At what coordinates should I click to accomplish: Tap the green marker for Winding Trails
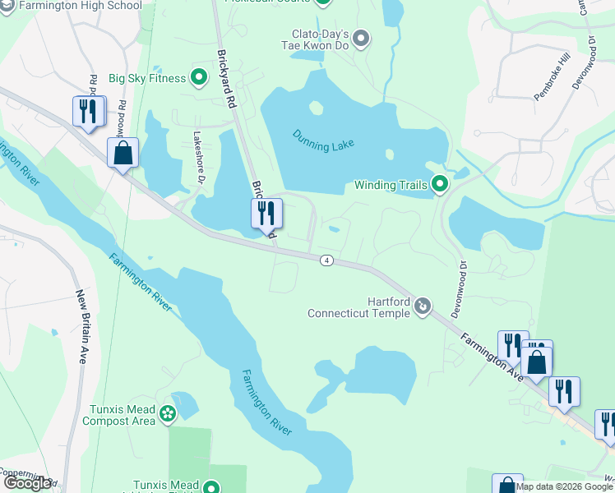(x=439, y=185)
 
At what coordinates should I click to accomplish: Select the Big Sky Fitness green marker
(x=198, y=78)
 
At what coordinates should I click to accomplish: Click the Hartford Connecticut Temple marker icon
(x=423, y=306)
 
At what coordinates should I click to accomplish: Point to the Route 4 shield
(x=327, y=260)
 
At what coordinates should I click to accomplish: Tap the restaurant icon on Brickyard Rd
(x=266, y=214)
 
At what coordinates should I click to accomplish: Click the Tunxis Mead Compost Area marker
(x=169, y=413)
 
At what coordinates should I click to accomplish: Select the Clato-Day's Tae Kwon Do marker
(x=362, y=38)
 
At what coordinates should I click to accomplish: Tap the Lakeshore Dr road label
(x=198, y=157)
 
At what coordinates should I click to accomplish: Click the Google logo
(x=27, y=483)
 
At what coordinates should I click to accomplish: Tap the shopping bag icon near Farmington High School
(x=123, y=153)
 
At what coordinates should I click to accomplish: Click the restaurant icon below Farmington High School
(x=88, y=111)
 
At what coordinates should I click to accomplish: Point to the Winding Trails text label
(x=392, y=185)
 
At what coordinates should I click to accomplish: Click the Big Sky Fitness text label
(x=146, y=79)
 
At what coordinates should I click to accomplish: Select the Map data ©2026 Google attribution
(x=565, y=486)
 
